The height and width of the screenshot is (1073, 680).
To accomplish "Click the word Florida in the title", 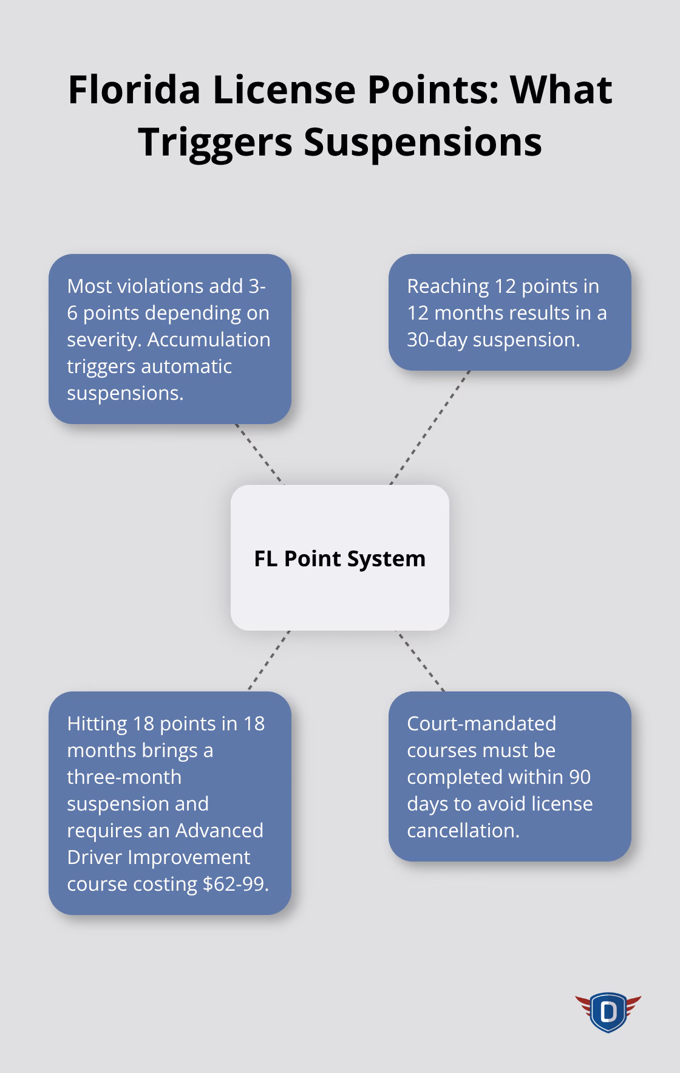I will point(134,89).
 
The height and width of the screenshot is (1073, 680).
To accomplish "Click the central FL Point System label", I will point(339,558).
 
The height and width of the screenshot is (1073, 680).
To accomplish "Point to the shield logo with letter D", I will point(608,1012).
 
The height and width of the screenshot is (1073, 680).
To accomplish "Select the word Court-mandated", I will point(481,723).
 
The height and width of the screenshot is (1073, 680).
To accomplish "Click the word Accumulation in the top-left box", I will point(209,339).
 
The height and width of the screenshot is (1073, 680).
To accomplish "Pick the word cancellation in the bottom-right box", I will point(463,830).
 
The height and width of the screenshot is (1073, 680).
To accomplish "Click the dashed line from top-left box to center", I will point(259,454).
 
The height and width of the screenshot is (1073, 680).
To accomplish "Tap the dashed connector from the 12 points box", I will point(429,427).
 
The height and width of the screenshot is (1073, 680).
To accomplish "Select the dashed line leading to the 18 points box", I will point(268,660).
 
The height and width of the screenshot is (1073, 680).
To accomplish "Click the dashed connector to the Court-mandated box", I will point(420,660).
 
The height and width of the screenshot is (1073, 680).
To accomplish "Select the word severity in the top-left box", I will point(103,339).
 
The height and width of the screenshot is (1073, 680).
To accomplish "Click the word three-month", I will point(124,776).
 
